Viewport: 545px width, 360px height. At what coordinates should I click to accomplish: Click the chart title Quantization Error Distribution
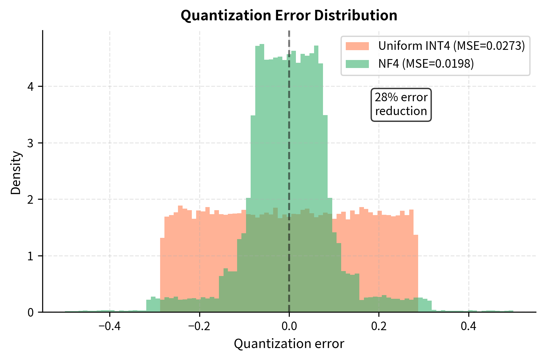[x=289, y=15]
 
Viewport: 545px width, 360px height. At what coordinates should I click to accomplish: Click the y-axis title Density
[x=16, y=173]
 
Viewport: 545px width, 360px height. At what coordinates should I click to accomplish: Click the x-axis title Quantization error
[x=289, y=344]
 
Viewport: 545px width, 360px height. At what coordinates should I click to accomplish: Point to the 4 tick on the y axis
[x=30, y=86]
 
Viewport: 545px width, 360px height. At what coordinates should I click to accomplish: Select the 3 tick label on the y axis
[x=30, y=143]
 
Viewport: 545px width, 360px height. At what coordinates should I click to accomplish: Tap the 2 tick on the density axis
[x=30, y=199]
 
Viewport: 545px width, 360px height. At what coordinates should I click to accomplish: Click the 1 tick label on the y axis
[x=30, y=256]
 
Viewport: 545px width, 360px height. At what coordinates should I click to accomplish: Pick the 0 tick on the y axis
[x=30, y=312]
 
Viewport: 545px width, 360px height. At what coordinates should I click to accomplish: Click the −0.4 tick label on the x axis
[x=110, y=326]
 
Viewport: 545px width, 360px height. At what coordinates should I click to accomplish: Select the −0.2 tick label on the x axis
[x=199, y=326]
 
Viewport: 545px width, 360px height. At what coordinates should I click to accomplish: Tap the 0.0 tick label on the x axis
[x=289, y=326]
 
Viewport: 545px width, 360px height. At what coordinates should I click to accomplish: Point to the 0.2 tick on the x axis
[x=379, y=326]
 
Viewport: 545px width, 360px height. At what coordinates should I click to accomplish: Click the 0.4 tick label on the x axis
[x=468, y=326]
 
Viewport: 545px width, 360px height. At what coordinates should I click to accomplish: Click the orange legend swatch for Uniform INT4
[x=357, y=46]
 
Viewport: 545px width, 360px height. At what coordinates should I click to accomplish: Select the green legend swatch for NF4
[x=357, y=64]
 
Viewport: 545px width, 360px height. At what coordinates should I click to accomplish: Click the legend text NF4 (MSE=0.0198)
[x=426, y=64]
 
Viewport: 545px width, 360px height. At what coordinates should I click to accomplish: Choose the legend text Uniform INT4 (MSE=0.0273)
[x=451, y=46]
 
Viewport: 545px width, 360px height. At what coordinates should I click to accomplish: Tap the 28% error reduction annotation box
[x=401, y=105]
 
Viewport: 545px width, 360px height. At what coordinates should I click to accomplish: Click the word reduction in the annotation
[x=401, y=111]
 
